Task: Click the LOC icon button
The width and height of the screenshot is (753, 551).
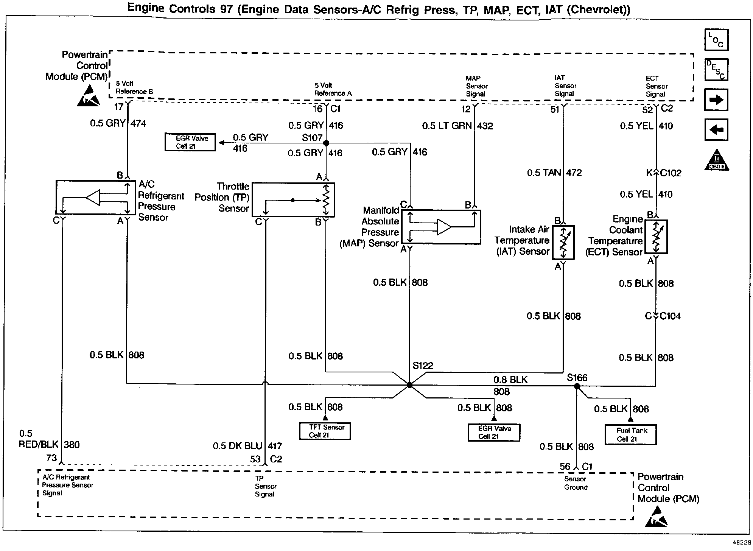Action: click(716, 40)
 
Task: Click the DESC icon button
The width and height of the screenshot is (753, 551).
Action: click(716, 69)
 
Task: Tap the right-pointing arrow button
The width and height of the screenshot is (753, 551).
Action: click(716, 100)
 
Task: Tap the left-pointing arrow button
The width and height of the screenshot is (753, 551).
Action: click(716, 130)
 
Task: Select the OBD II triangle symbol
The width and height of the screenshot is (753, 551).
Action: click(716, 161)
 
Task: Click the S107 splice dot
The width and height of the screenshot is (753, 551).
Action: click(326, 143)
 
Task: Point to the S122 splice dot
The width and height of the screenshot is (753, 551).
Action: click(409, 385)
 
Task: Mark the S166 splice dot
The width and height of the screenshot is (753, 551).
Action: click(577, 386)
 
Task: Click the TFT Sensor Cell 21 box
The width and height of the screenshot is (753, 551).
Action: click(325, 431)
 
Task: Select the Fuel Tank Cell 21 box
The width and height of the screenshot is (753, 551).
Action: click(630, 434)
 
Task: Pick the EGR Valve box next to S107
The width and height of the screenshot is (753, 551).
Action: click(190, 142)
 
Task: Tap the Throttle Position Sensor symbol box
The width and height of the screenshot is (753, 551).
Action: click(293, 200)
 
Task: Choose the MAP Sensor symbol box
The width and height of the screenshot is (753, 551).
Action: click(441, 227)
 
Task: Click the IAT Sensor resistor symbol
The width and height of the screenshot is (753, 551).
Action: click(563, 243)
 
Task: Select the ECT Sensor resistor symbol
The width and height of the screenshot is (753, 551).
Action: click(656, 237)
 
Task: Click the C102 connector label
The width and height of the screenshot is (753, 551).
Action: click(671, 173)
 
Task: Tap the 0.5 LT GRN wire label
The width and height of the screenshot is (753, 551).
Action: click(447, 126)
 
